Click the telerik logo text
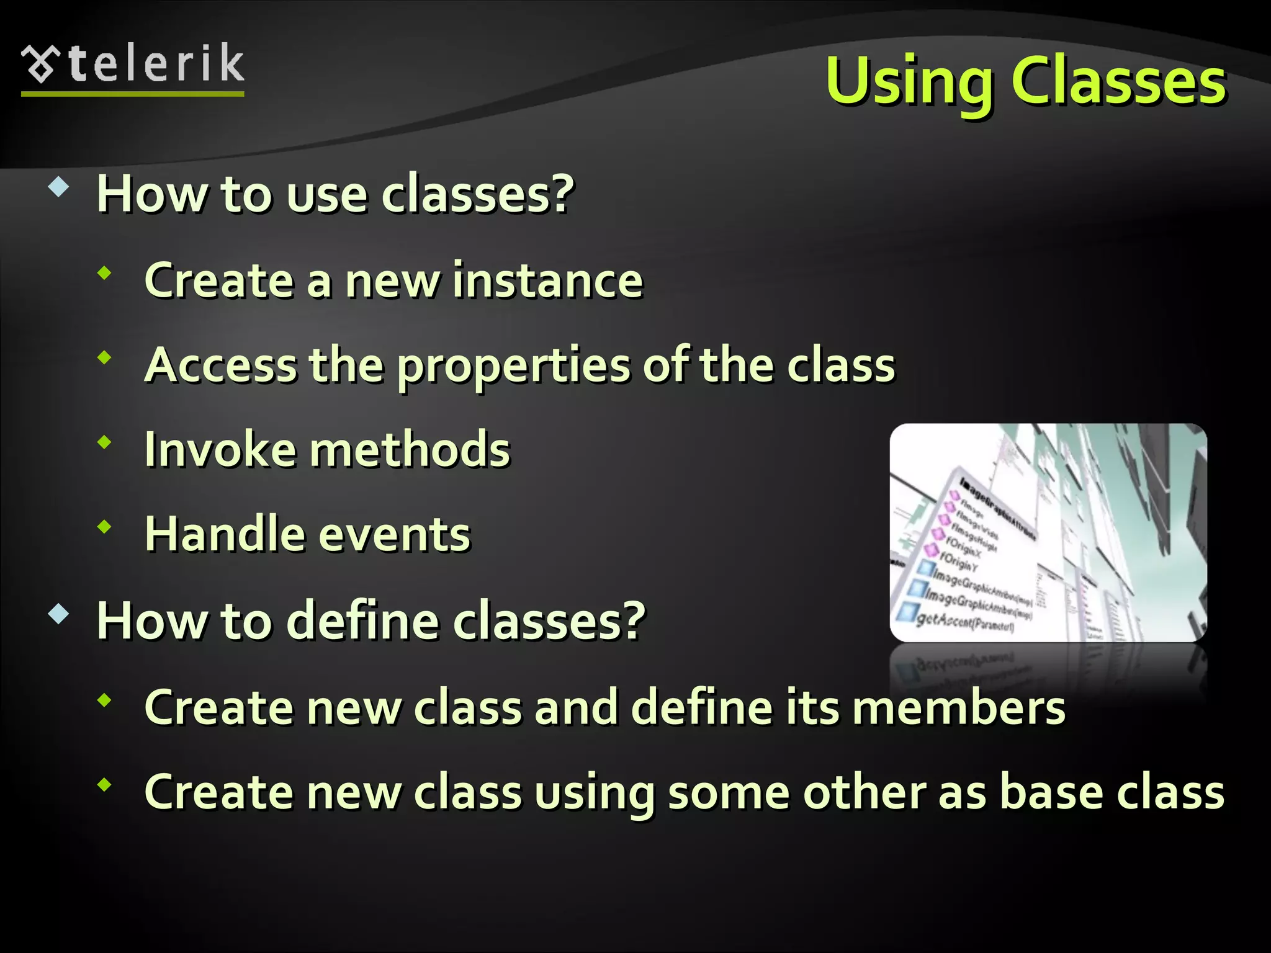(x=156, y=64)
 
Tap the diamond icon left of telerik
(x=40, y=65)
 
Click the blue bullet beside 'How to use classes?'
(x=58, y=187)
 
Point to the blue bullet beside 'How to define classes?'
(x=58, y=614)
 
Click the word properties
(x=513, y=366)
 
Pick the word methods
(x=410, y=449)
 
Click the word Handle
(x=223, y=534)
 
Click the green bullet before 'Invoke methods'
(x=104, y=442)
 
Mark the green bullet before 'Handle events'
(x=104, y=527)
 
